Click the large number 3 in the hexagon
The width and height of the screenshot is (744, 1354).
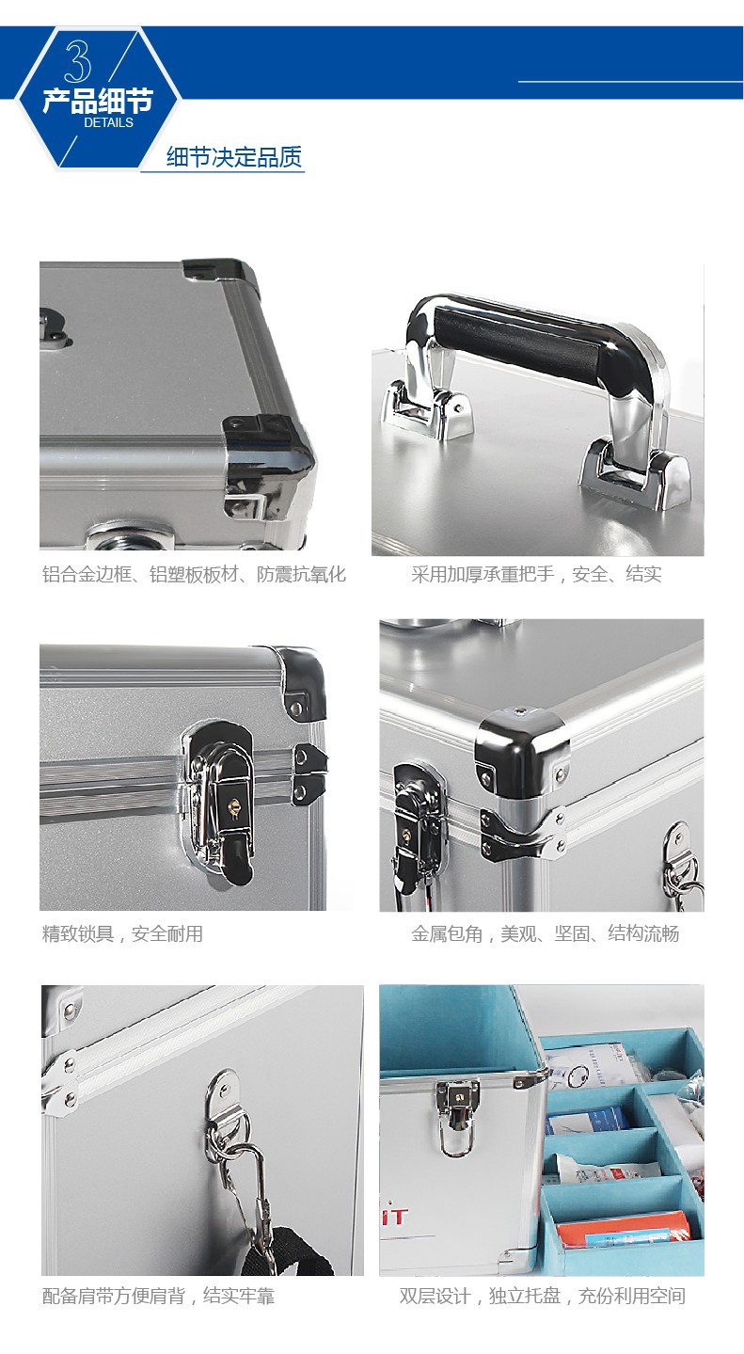(x=77, y=61)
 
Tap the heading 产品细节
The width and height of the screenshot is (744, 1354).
(x=97, y=101)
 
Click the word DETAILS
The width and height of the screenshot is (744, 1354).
(x=108, y=122)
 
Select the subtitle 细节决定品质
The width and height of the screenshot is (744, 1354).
(x=234, y=157)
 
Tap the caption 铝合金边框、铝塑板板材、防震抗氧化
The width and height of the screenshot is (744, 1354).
(x=194, y=574)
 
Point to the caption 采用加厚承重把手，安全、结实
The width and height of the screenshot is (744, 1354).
(x=536, y=574)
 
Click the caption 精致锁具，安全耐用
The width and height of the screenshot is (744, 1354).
(x=122, y=934)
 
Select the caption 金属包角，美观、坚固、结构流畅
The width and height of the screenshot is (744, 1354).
(x=545, y=934)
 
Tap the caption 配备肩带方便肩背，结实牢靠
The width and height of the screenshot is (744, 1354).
(x=158, y=1296)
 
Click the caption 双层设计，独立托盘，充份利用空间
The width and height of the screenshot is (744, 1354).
(x=542, y=1296)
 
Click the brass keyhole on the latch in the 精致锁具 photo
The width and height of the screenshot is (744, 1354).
(x=231, y=807)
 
